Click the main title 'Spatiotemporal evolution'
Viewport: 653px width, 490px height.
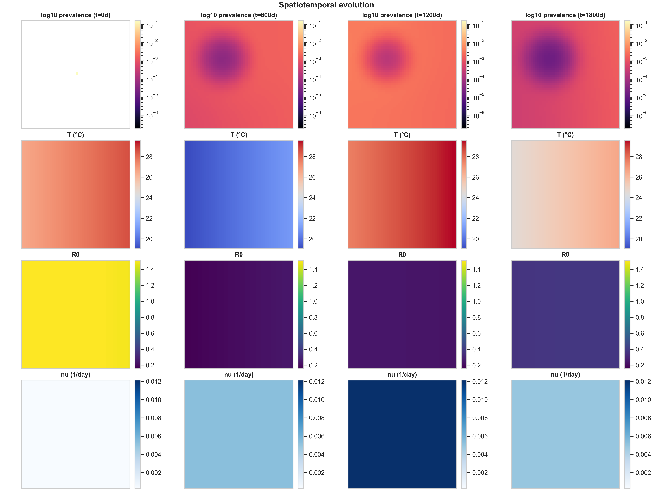326,5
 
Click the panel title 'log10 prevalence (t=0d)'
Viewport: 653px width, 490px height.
76,15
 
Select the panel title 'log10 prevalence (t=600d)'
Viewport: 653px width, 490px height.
239,15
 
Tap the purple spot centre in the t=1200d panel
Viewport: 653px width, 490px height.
387,58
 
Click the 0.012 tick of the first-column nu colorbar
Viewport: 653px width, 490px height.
153,382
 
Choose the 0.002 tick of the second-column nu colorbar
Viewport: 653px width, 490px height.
316,473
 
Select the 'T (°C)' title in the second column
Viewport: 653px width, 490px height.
239,135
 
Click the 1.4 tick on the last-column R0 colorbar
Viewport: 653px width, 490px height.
639,269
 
